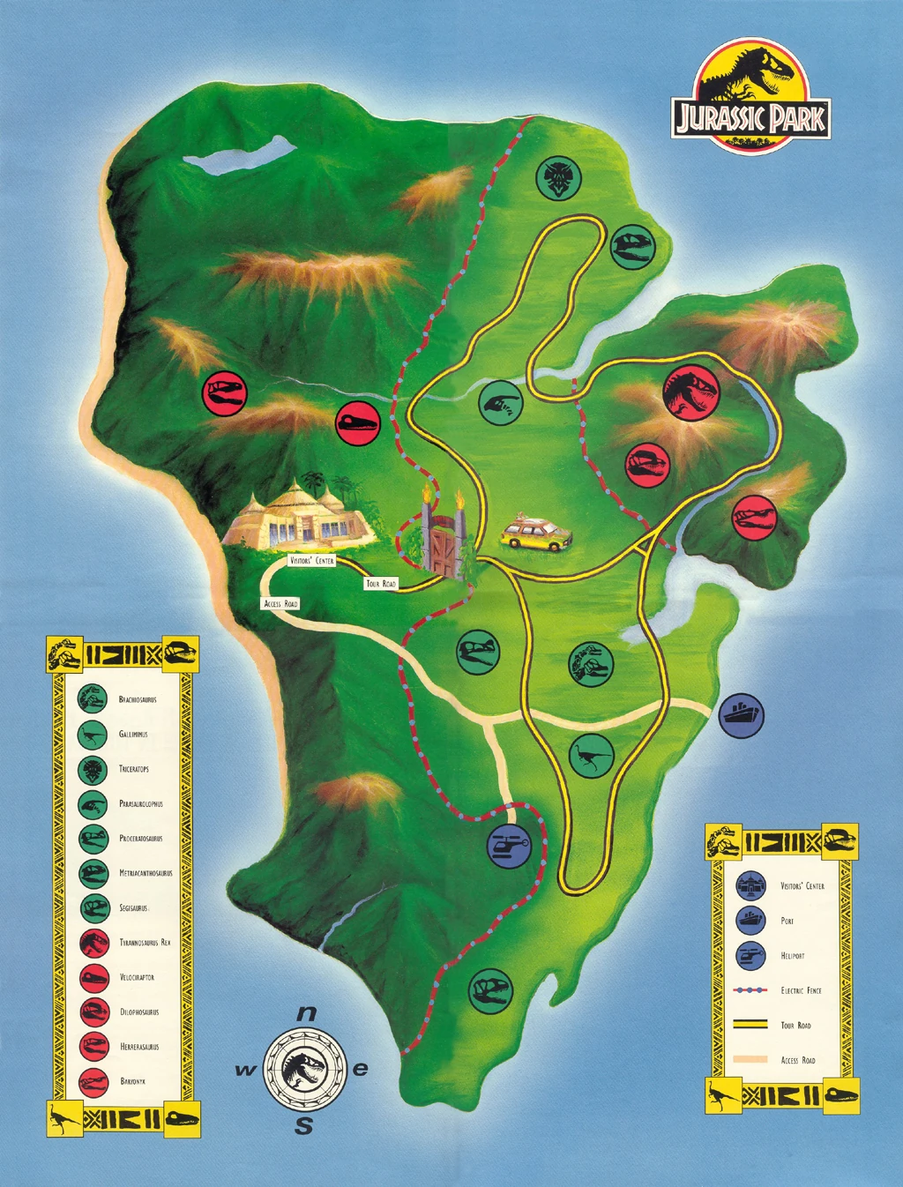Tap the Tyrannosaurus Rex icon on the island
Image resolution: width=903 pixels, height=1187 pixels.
pyautogui.click(x=692, y=393)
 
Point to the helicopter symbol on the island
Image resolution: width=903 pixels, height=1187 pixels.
pyautogui.click(x=510, y=845)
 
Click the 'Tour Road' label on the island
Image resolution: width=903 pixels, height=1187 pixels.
pyautogui.click(x=381, y=583)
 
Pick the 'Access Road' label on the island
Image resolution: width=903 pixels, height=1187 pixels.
pyautogui.click(x=281, y=603)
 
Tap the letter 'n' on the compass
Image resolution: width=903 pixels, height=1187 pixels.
pyautogui.click(x=306, y=1013)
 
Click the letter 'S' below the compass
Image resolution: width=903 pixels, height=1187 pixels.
pyautogui.click(x=304, y=1126)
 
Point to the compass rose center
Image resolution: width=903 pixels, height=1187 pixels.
pyautogui.click(x=305, y=1069)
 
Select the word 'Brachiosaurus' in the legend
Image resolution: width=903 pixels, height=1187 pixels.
pyautogui.click(x=138, y=699)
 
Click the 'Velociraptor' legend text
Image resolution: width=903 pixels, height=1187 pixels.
pyautogui.click(x=137, y=977)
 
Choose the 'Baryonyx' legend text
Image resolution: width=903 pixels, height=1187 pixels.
pyautogui.click(x=133, y=1081)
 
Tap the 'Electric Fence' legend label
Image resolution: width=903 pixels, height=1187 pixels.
pyautogui.click(x=801, y=990)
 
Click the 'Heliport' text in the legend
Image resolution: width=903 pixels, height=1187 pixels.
pyautogui.click(x=792, y=955)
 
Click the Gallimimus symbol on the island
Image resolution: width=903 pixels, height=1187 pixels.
pyautogui.click(x=591, y=756)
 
